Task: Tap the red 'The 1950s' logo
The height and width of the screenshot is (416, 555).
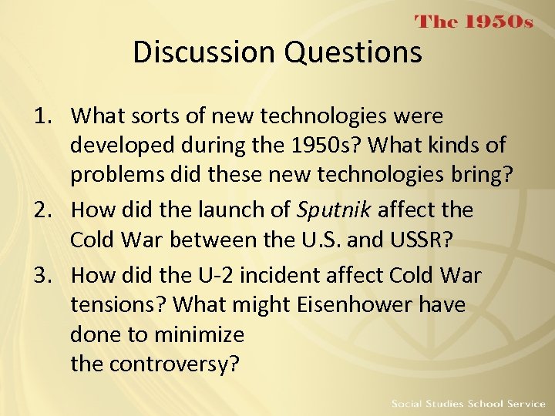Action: point(474,22)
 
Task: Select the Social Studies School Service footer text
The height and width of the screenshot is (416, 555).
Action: point(468,404)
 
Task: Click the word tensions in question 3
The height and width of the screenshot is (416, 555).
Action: point(118,304)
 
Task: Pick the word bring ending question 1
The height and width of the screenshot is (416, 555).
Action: point(478,175)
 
